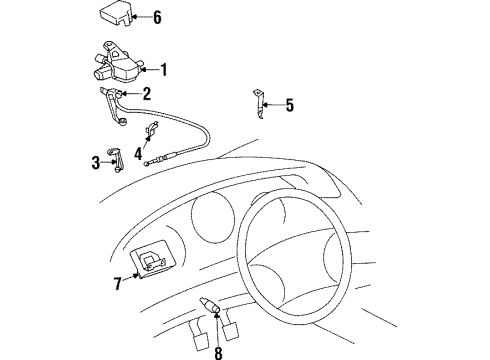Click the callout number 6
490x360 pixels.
point(157,17)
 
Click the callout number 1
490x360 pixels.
point(164,70)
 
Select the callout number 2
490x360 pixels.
point(147,94)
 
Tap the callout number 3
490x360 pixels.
point(96,163)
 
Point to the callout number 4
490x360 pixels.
point(138,154)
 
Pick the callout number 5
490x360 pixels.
point(290,105)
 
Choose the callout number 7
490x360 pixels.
point(118,284)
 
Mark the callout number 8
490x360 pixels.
point(218,353)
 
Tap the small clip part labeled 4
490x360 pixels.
point(151,130)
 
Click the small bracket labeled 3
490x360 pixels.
point(115,160)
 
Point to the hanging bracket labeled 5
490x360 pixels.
point(259,104)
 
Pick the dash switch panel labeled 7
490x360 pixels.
point(153,259)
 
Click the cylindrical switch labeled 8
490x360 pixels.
point(210,305)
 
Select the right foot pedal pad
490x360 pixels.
point(231,331)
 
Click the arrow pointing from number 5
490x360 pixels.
point(273,105)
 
